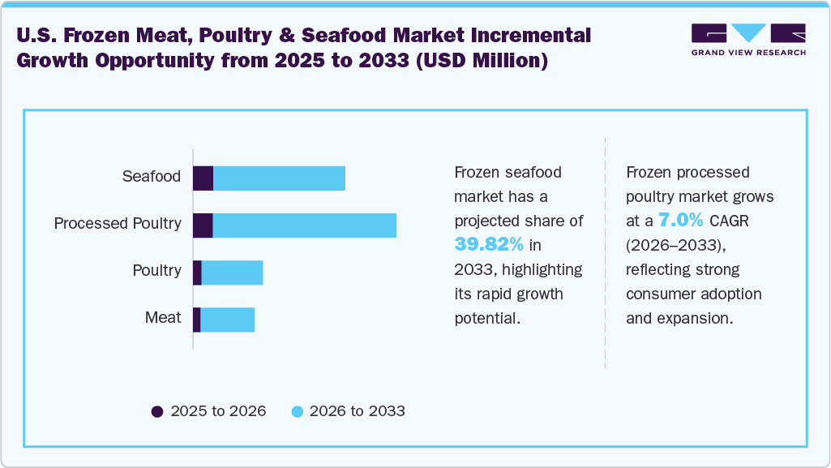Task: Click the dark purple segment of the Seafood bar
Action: point(203,178)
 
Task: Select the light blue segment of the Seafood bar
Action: point(279,178)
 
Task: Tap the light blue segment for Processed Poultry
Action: point(304,225)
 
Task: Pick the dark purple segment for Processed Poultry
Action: point(203,225)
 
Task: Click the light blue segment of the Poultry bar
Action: point(232,273)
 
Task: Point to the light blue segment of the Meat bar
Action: point(227,320)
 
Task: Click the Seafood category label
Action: point(151,176)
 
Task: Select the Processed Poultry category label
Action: point(118,223)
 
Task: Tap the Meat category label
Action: point(163,317)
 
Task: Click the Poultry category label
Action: point(156,270)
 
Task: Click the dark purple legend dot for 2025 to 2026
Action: point(157,411)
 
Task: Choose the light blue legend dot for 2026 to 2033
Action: point(297,411)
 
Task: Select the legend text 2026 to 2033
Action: point(357,411)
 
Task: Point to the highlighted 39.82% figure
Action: point(489,245)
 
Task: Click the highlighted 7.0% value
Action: point(681,221)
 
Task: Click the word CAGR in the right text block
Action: point(730,221)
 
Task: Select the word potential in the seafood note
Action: point(486,318)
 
